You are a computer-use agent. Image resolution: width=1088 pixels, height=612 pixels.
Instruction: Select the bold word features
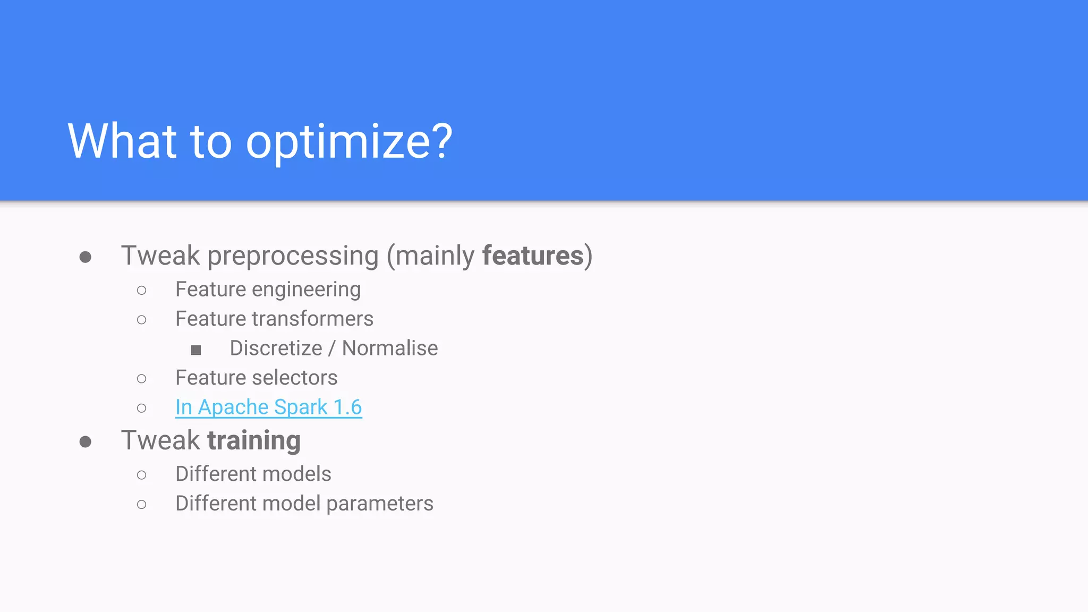[x=533, y=256]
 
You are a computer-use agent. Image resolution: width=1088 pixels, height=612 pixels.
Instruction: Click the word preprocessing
[x=293, y=257]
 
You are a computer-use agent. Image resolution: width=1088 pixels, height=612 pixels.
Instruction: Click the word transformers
[x=312, y=319]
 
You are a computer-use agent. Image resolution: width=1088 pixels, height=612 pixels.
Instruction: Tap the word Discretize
[x=276, y=348]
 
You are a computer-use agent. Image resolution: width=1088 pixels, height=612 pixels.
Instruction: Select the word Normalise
[x=390, y=348]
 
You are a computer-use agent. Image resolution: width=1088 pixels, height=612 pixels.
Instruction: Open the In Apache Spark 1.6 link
[x=268, y=407]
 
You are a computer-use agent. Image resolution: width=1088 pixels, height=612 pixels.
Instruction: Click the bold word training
[x=254, y=441]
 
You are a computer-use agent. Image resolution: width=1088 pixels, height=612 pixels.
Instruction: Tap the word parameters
[x=379, y=504]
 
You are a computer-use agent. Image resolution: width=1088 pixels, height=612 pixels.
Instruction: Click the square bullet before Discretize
[x=196, y=350]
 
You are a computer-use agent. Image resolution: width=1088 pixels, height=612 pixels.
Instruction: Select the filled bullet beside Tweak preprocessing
[x=85, y=258]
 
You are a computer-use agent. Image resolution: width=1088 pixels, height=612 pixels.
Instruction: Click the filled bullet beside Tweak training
[x=85, y=442]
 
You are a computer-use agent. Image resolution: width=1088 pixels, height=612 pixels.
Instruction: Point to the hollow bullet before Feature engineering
[x=141, y=291]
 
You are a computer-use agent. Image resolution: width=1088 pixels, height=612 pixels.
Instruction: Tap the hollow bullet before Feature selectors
[x=141, y=379]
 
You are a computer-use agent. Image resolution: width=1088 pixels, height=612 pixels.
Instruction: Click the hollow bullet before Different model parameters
[x=141, y=505]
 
